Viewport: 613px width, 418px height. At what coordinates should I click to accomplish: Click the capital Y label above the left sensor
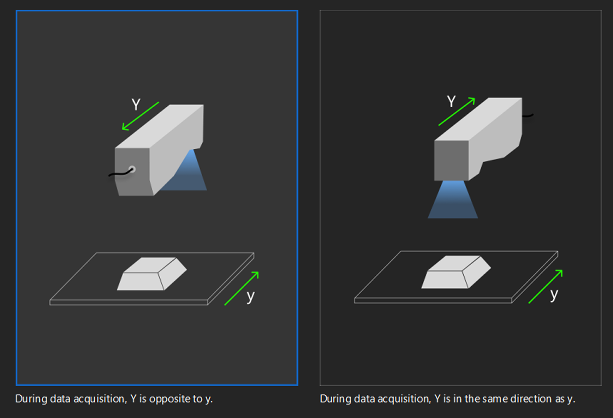coord(136,104)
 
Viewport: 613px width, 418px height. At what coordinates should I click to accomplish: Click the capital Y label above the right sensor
coord(451,101)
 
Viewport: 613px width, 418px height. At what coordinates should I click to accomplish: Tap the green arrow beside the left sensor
coord(141,116)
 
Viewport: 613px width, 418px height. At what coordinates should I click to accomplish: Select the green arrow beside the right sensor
coord(457,111)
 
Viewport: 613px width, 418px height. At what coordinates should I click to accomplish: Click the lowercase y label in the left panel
coord(250,297)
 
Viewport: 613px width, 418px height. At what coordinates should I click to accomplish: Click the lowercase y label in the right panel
coord(554,294)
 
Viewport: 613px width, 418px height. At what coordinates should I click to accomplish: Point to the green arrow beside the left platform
coord(242,288)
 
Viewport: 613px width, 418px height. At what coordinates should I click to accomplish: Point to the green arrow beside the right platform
coord(546,287)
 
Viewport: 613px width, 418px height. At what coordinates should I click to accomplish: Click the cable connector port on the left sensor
coord(132,169)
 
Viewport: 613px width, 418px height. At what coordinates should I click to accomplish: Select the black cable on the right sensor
coord(528,115)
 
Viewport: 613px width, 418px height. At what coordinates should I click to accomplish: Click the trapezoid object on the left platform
coord(152,274)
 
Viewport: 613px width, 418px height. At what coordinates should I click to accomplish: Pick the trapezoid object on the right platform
coord(456,272)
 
